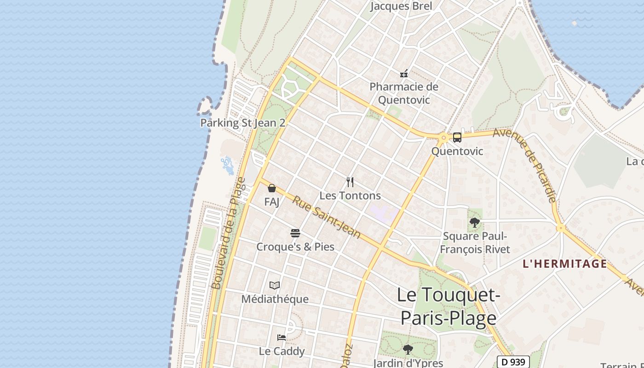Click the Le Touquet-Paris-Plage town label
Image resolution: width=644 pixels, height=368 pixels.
448,306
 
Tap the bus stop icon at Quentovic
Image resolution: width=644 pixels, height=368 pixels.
457,137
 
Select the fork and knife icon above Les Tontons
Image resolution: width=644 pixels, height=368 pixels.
350,182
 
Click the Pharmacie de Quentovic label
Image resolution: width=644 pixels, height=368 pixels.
404,93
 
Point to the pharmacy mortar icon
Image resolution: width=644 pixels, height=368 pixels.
404,73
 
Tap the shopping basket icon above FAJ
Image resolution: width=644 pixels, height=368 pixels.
272,188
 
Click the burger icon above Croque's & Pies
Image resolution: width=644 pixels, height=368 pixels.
295,233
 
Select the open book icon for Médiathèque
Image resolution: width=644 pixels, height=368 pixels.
275,286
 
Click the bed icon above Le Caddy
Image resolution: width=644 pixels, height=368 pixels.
282,338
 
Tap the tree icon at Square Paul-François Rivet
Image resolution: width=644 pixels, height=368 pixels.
475,223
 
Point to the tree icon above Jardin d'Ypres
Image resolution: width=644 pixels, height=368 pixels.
408,350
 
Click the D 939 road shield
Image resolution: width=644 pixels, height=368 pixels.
513,362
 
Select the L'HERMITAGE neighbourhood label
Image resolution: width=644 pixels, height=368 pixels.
565,264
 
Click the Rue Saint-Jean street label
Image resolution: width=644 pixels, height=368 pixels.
327,217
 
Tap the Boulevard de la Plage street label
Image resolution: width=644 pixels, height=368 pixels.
229,234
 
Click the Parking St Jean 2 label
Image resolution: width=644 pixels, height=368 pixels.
242,123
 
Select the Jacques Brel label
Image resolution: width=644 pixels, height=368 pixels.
401,6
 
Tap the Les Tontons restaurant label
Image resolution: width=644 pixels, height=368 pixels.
350,195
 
